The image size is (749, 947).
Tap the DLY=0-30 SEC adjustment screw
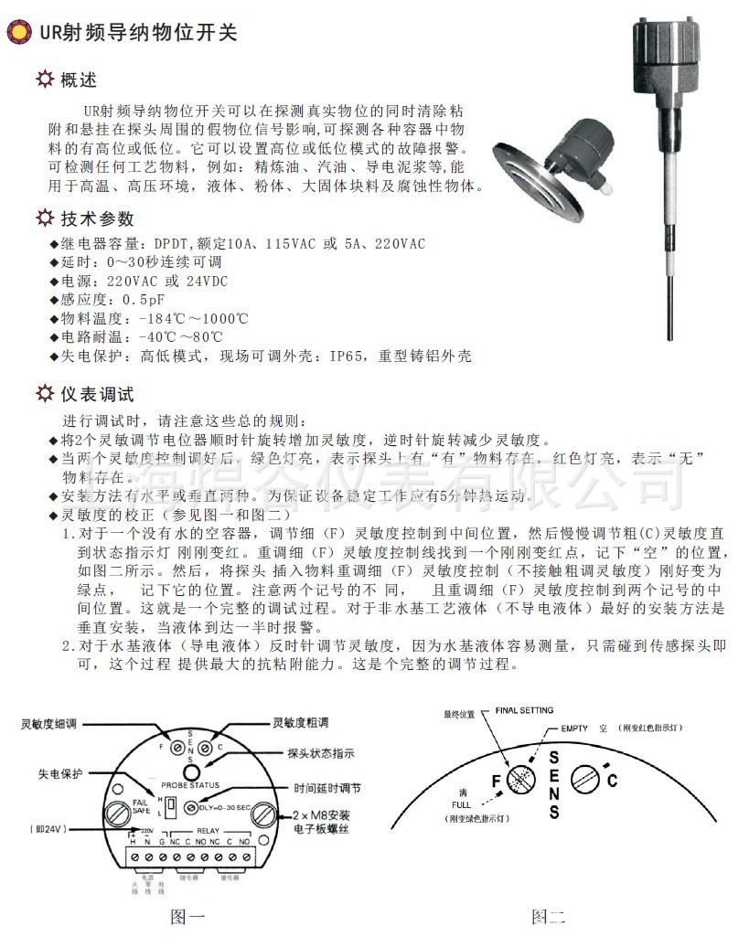tap(191, 807)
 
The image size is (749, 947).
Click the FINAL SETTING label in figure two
tap(524, 709)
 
